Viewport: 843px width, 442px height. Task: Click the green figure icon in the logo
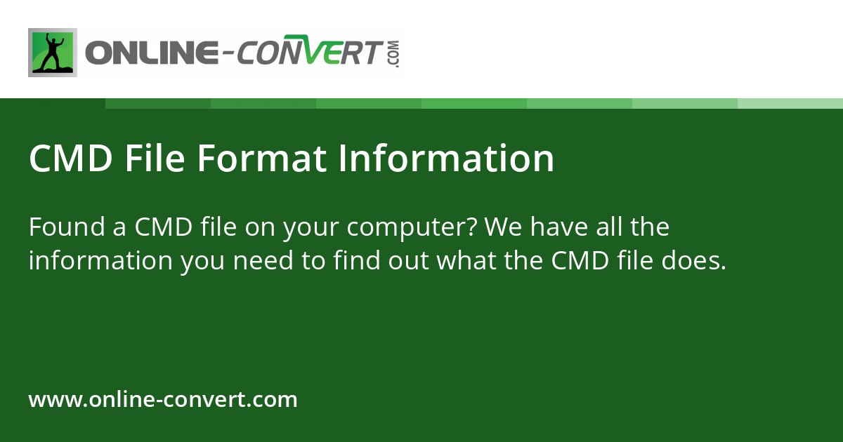tap(52, 53)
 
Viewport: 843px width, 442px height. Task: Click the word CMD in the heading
tap(70, 159)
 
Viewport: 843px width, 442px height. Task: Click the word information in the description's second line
tap(100, 261)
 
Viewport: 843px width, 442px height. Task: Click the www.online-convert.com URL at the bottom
tap(163, 400)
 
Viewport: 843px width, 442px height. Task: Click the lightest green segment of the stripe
tap(790, 103)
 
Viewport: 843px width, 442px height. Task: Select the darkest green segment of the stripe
tap(157, 103)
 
